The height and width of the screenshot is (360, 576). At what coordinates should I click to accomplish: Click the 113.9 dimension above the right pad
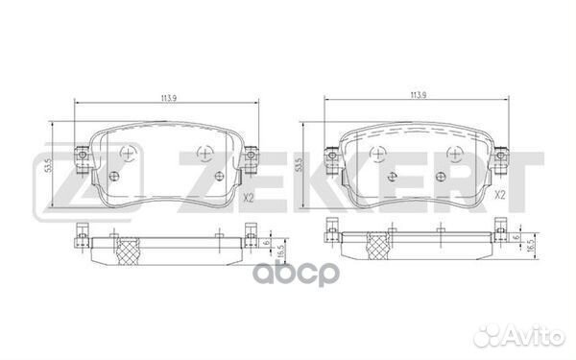click(x=417, y=95)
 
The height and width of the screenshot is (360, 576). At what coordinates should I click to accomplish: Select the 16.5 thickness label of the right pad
click(x=529, y=247)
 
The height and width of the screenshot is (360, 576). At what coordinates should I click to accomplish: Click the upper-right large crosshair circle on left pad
click(x=204, y=153)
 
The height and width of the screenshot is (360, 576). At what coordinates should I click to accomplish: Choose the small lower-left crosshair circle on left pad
click(x=115, y=175)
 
